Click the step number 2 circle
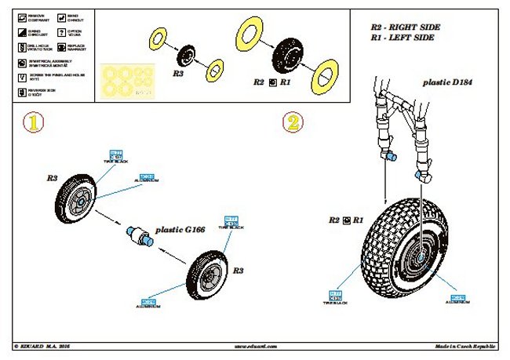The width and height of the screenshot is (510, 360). (293, 123)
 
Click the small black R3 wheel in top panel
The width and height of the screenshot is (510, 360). (188, 56)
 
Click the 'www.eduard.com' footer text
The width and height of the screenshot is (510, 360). (256, 345)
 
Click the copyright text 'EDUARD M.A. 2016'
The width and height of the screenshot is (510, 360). (46, 345)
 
